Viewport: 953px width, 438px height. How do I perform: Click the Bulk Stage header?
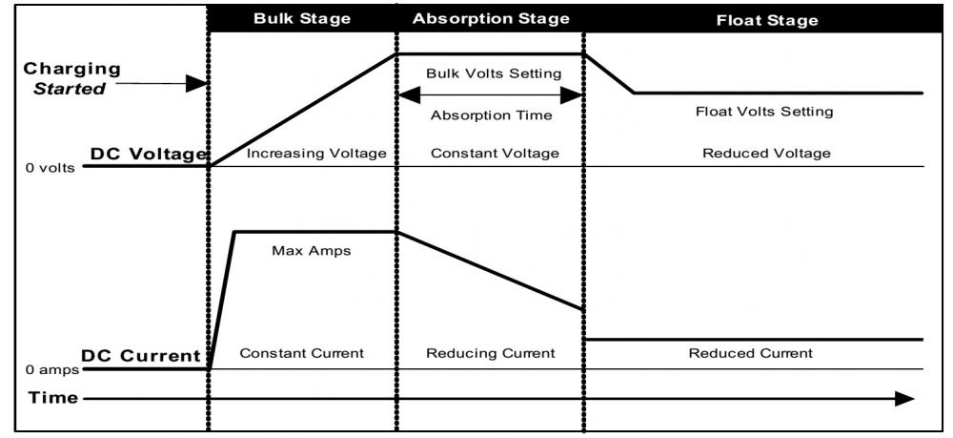point(302,18)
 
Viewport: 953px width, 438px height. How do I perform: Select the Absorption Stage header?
point(491,18)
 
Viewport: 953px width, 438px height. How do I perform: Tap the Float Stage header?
point(767,20)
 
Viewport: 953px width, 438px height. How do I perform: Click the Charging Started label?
point(71,78)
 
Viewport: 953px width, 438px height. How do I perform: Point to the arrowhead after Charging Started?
point(197,84)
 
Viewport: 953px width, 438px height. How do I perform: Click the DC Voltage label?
point(149,155)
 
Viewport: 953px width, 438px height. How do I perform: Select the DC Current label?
point(141,355)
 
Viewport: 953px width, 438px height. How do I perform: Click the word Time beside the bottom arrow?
point(53,399)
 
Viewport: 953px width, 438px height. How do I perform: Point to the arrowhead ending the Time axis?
point(904,399)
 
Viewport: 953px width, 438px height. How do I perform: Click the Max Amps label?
point(312,251)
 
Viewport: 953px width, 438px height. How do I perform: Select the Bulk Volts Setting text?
point(493,74)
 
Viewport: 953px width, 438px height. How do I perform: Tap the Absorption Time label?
point(491,115)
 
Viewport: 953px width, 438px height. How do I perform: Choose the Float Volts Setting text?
point(764,112)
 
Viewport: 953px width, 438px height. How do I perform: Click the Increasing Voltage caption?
point(316,154)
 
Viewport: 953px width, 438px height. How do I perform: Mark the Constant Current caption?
point(301,353)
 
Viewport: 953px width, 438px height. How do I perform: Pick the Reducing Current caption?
point(491,353)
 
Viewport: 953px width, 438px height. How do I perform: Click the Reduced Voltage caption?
point(766,154)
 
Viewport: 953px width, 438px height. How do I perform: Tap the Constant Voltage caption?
point(495,154)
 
